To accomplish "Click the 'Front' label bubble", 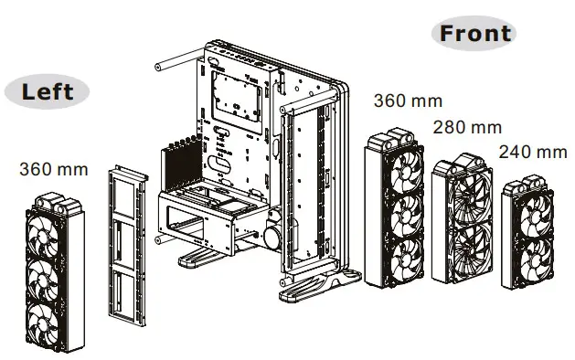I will click(x=474, y=34).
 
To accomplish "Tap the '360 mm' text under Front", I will click(x=408, y=100).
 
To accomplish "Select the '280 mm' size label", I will click(x=468, y=126).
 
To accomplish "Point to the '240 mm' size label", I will click(x=532, y=150).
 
